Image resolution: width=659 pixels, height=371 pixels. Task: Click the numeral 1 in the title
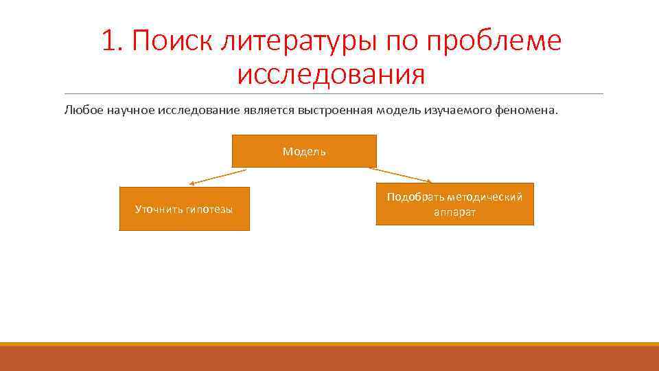pos(108,42)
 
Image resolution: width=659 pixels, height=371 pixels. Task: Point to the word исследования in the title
pos(331,75)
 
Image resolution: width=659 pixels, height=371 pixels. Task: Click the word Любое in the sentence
pos(84,111)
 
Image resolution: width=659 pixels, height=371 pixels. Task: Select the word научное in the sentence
pos(130,111)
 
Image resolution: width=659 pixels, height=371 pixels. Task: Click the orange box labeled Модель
pos(304,151)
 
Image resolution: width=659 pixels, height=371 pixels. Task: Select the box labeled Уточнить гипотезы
pos(184,209)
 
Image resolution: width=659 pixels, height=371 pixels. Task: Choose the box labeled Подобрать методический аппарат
pos(454,204)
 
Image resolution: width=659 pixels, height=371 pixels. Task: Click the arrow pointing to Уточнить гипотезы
pos(218,177)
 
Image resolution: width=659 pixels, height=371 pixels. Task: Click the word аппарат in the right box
pos(454,212)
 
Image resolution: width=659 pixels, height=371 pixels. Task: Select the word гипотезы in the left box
pos(209,209)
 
